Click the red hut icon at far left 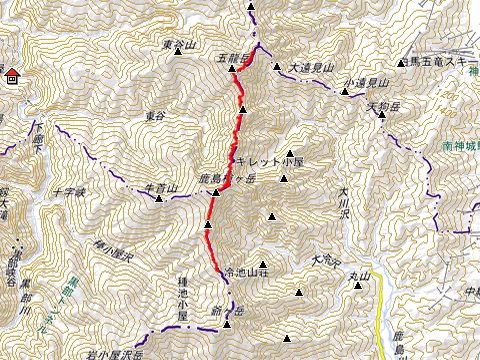11,76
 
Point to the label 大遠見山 309,68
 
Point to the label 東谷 153,116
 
